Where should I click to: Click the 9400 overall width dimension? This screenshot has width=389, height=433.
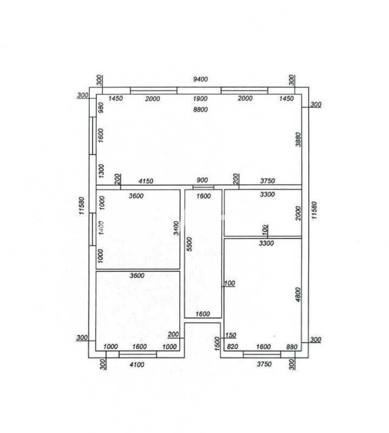200,79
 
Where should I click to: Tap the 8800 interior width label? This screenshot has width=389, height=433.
200,110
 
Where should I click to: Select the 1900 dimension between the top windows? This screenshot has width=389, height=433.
200,99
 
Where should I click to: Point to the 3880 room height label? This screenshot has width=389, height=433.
298,140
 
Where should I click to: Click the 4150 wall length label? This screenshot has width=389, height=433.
146,182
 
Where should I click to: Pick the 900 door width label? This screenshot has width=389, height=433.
202,180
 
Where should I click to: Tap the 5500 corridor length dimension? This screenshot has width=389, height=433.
189,244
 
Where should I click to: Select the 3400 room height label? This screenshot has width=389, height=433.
176,228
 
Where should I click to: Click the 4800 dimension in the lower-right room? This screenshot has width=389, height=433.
298,294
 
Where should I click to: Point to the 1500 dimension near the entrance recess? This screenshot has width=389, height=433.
218,344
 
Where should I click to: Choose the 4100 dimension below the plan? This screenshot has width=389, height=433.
137,364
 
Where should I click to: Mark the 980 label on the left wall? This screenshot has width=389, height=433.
101,108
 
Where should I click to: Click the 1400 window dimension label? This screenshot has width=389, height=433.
101,228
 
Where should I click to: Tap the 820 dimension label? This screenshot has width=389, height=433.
232,346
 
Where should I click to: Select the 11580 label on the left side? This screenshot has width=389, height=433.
81,206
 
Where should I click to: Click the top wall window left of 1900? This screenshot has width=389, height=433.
154,90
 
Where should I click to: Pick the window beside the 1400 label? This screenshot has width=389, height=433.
92,229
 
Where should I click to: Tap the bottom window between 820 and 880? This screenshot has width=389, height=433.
262,354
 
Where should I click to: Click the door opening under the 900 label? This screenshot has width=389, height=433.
203,187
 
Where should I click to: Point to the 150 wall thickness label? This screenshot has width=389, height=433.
231,335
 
